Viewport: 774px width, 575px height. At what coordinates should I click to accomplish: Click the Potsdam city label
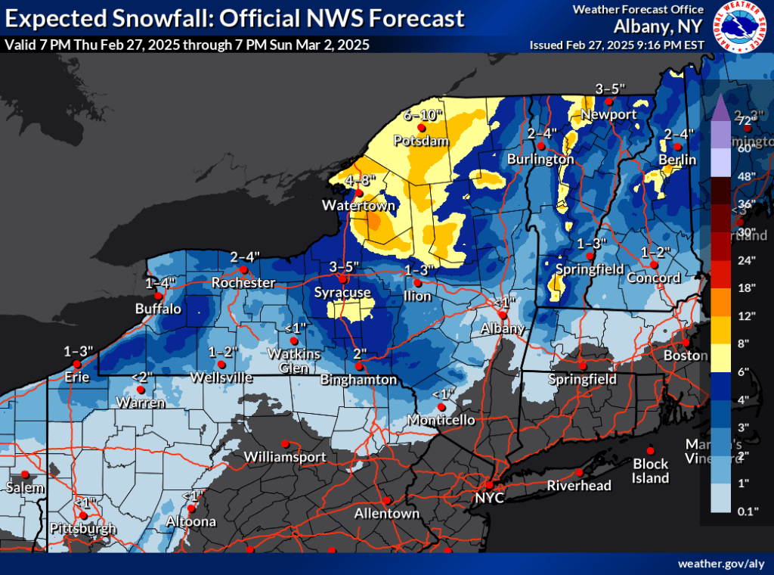pos(426,141)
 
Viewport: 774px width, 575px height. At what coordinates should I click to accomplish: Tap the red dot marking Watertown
pos(359,192)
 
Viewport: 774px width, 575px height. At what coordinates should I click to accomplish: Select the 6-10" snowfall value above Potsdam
pos(423,116)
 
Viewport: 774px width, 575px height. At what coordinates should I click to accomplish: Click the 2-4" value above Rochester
pos(245,256)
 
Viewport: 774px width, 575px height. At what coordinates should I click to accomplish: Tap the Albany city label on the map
pos(503,328)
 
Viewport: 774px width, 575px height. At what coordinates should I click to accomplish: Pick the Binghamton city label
pos(358,379)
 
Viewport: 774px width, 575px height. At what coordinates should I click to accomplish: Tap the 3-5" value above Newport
pos(611,88)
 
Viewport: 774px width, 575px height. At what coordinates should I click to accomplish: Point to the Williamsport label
pos(285,457)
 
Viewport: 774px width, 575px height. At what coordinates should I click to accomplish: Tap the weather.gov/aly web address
pos(720,564)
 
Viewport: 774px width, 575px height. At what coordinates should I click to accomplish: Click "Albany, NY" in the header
pos(660,26)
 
